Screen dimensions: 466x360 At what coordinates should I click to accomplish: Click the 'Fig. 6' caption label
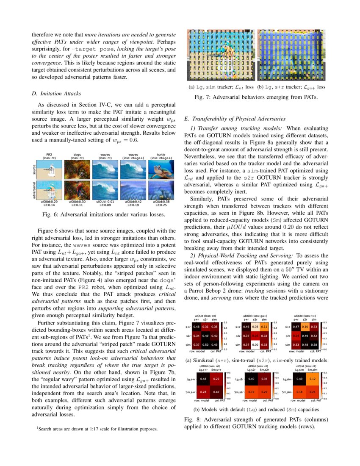point(52,215)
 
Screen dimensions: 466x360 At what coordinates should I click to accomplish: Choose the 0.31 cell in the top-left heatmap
point(206,327)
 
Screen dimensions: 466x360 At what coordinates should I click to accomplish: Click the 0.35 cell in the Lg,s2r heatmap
point(263,378)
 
